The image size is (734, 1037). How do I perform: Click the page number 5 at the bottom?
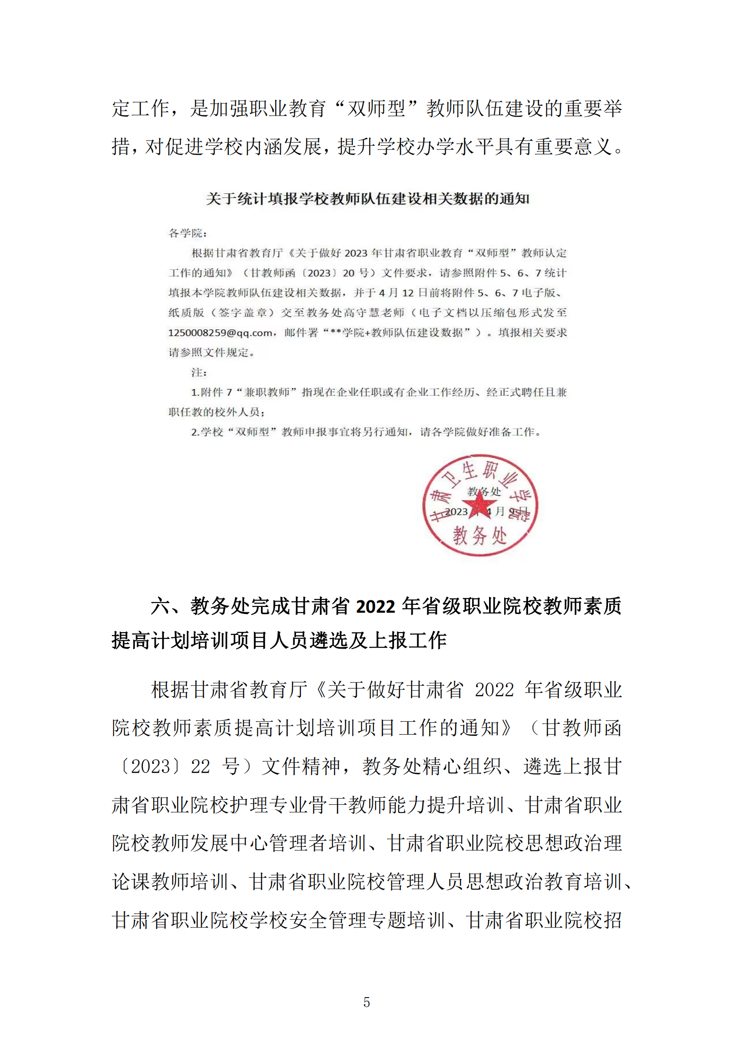(367, 1002)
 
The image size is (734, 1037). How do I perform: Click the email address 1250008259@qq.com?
(220, 333)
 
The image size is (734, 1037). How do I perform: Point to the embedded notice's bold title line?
(367, 199)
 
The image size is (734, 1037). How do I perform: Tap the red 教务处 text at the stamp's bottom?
(480, 536)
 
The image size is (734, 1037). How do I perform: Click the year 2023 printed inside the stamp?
(456, 512)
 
